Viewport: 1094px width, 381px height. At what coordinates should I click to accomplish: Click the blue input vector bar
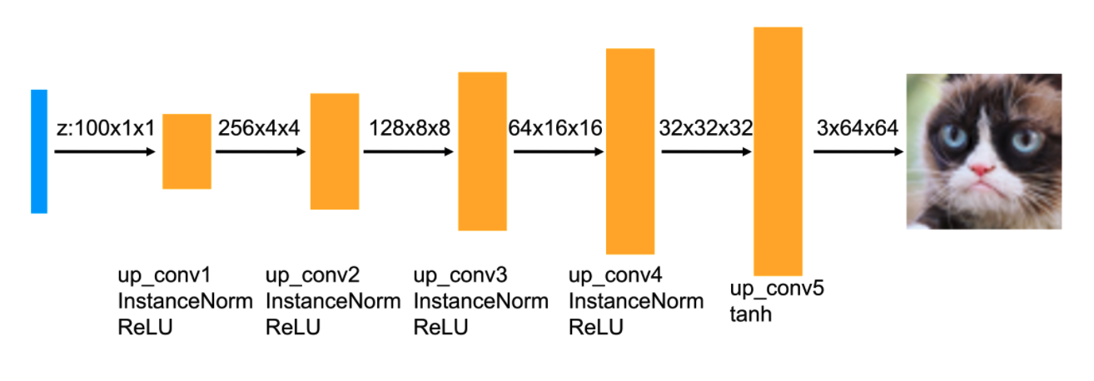coord(39,151)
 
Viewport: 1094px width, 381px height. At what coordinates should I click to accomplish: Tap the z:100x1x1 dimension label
coord(105,129)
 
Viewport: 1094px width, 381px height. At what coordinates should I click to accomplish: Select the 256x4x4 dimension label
coord(258,129)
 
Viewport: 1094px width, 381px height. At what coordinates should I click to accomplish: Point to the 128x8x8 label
coord(409,129)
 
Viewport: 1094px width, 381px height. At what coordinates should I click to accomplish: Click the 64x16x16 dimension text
coord(554,129)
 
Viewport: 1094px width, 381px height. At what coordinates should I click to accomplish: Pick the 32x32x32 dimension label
coord(706,129)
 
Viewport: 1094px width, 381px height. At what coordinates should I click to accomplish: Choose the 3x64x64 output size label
coord(858,129)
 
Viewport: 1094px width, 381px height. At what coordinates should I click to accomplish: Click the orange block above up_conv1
coord(186,151)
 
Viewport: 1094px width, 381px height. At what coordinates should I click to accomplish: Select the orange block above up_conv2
coord(335,151)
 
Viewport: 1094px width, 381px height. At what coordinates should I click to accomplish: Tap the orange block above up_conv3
coord(482,151)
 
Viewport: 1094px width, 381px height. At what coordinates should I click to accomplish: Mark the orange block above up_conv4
coord(630,151)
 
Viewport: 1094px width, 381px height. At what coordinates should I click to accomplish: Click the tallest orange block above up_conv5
coord(778,151)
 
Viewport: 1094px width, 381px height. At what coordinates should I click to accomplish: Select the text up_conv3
coord(460,275)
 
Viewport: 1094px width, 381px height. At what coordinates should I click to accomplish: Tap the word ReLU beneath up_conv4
coord(596,327)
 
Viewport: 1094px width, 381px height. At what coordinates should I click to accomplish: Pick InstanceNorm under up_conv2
coord(333,301)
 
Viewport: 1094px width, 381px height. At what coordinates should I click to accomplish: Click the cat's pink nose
coord(982,171)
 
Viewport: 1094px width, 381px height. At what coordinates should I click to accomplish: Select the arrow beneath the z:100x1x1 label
coord(105,152)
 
